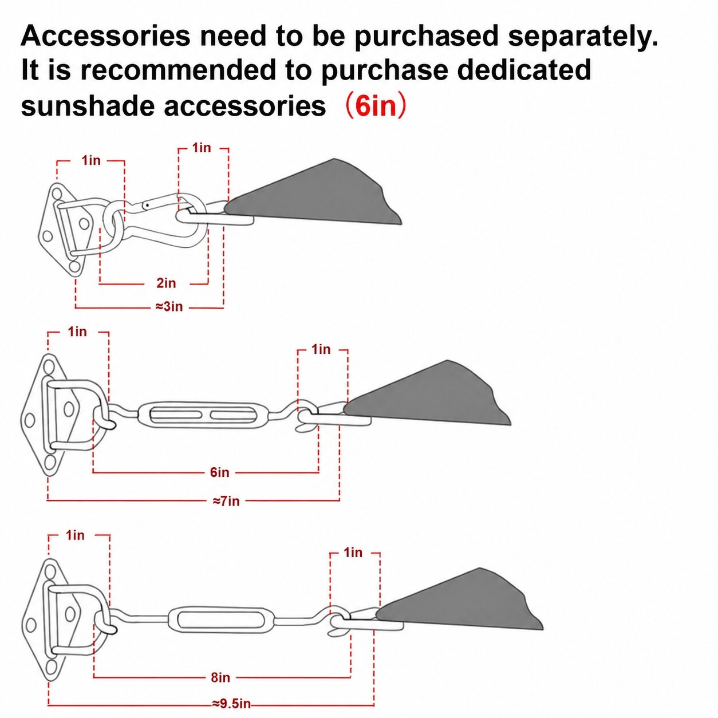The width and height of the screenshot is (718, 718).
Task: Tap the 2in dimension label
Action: [166, 283]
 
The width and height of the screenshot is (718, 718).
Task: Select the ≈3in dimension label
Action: [169, 307]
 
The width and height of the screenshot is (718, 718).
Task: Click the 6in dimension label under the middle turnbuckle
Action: [220, 472]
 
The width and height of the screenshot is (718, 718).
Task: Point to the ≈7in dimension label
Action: [226, 501]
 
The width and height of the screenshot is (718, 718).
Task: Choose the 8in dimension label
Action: [220, 677]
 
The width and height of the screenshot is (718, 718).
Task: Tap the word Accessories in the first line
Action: [105, 36]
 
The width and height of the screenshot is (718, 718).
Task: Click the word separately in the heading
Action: [583, 37]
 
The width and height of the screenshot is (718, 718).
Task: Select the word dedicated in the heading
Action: [524, 70]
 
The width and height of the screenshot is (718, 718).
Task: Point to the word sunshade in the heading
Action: [87, 106]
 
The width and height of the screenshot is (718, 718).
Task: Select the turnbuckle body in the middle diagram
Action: [198, 415]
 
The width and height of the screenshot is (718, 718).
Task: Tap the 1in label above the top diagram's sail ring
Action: [202, 148]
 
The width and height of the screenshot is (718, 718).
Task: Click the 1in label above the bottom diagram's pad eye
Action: [75, 535]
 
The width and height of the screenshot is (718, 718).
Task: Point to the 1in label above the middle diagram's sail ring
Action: [321, 349]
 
